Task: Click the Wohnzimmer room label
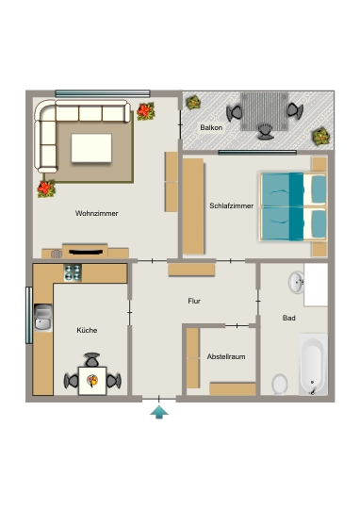pos(97,213)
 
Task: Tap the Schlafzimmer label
pos(232,205)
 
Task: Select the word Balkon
pos(211,127)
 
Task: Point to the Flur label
pos(194,301)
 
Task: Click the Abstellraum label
pos(226,356)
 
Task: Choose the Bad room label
pos(289,318)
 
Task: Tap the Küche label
pos(87,330)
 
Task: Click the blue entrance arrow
pos(159,412)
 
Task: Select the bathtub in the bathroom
pos(313,364)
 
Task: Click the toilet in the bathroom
pos(280,385)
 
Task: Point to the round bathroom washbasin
pos(296,282)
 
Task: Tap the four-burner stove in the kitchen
pos(73,272)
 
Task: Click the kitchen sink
pos(42,318)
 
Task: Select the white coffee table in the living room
pos(91,148)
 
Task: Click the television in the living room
pos(86,252)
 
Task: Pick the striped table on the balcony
pos(264,111)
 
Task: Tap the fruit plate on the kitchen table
pos(92,381)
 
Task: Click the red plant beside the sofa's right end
pos(145,111)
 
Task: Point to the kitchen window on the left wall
pos(29,315)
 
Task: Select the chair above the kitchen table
pos(92,360)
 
